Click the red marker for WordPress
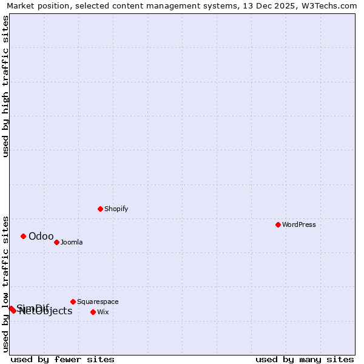tap(278, 224)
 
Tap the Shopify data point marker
tap(100, 209)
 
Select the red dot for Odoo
tap(23, 236)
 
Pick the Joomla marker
tap(56, 242)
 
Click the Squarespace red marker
tap(73, 302)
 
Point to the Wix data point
tap(93, 312)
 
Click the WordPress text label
tap(299, 224)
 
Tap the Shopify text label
tap(116, 209)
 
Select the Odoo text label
tap(41, 236)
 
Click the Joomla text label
tap(72, 242)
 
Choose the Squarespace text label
tap(98, 302)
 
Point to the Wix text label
tap(103, 312)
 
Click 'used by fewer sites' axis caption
tap(62, 359)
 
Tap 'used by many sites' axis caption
tap(305, 359)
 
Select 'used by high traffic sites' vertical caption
tap(5, 86)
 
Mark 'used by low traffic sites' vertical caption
tap(5, 283)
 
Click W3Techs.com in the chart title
tap(330, 5)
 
